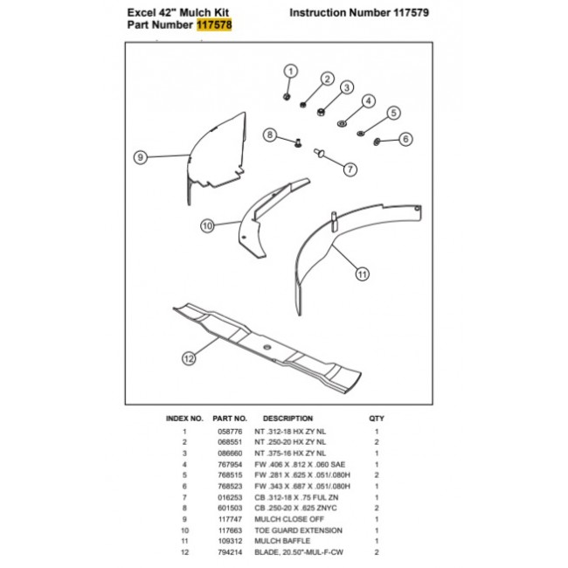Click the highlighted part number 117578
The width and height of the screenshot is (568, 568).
coord(214,26)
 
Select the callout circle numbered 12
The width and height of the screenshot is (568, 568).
coord(188,357)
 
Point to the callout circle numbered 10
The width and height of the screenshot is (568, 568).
coord(207,225)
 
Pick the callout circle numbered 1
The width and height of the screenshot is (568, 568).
coord(291,71)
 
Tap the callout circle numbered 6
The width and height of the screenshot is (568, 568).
coord(405,139)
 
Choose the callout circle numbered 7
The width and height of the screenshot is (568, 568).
coord(349,169)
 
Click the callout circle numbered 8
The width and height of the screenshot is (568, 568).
coord(270,135)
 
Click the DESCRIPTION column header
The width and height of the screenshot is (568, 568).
coord(287,419)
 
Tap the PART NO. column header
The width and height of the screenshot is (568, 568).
coord(231,419)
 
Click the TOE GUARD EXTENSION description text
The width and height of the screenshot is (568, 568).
coord(286,530)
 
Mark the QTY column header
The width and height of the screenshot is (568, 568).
coord(377,419)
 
